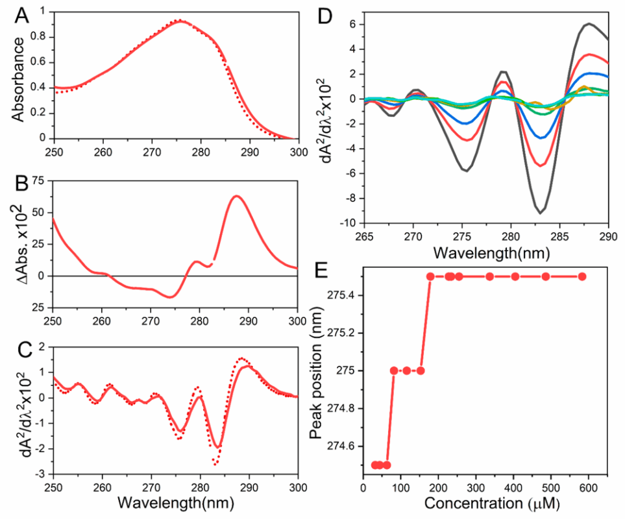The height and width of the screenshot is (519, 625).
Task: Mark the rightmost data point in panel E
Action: point(582,276)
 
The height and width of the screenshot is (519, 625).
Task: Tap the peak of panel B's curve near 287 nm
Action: point(236,196)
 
